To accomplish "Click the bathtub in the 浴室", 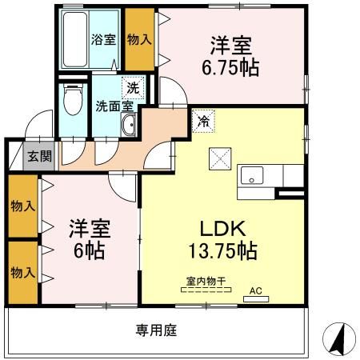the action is (x=75, y=39).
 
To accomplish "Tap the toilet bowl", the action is (x=73, y=99).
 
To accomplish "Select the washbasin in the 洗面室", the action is (x=129, y=124).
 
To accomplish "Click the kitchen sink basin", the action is (x=252, y=175).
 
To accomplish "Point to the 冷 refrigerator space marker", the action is (x=203, y=122).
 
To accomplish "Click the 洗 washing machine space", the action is (x=133, y=88).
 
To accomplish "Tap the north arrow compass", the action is (x=339, y=338).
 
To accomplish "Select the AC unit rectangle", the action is (x=256, y=299).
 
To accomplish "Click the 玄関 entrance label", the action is (x=40, y=156).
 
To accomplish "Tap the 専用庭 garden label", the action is (x=156, y=330).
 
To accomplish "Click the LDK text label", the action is (x=223, y=229).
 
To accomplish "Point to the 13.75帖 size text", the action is (x=223, y=251).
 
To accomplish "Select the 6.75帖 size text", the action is (x=230, y=68).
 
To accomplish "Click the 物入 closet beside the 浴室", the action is (x=140, y=39).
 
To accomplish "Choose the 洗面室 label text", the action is (x=114, y=106).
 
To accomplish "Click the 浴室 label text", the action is (x=103, y=39).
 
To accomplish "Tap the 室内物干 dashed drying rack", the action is (x=206, y=290).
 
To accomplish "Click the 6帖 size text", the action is (x=89, y=251).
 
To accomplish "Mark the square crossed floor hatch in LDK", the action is (x=220, y=158).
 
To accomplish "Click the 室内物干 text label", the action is (x=206, y=281).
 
